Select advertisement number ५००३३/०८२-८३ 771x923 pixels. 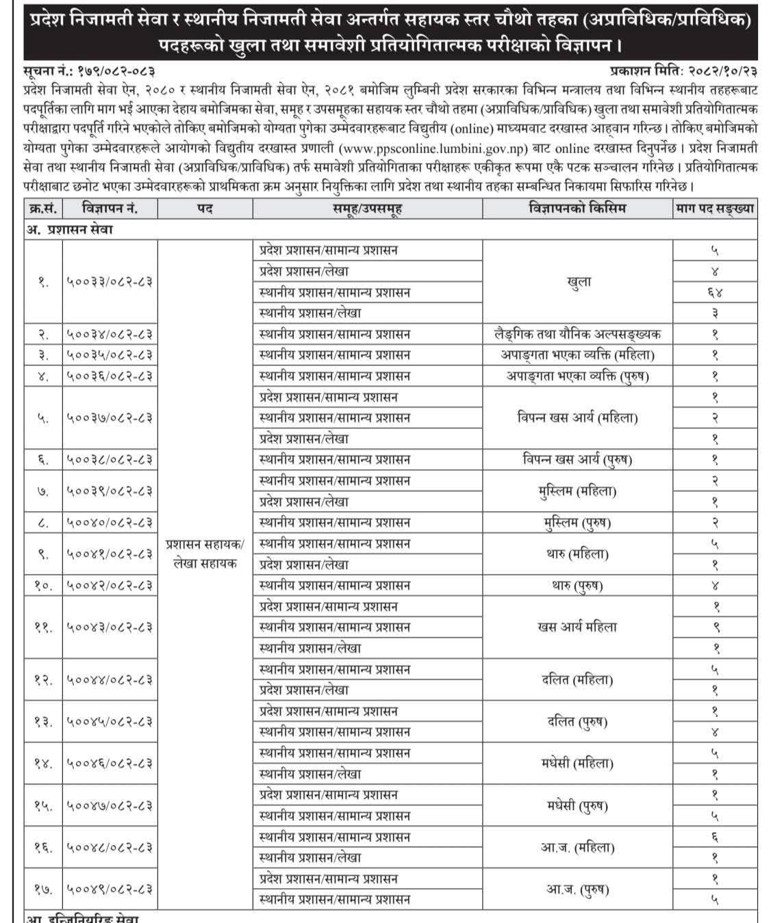110,282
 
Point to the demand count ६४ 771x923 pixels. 715,292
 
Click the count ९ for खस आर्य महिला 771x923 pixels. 715,627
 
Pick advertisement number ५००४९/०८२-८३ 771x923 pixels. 110,889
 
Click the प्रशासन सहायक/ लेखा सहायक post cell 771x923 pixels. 205,554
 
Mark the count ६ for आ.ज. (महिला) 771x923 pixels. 715,837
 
